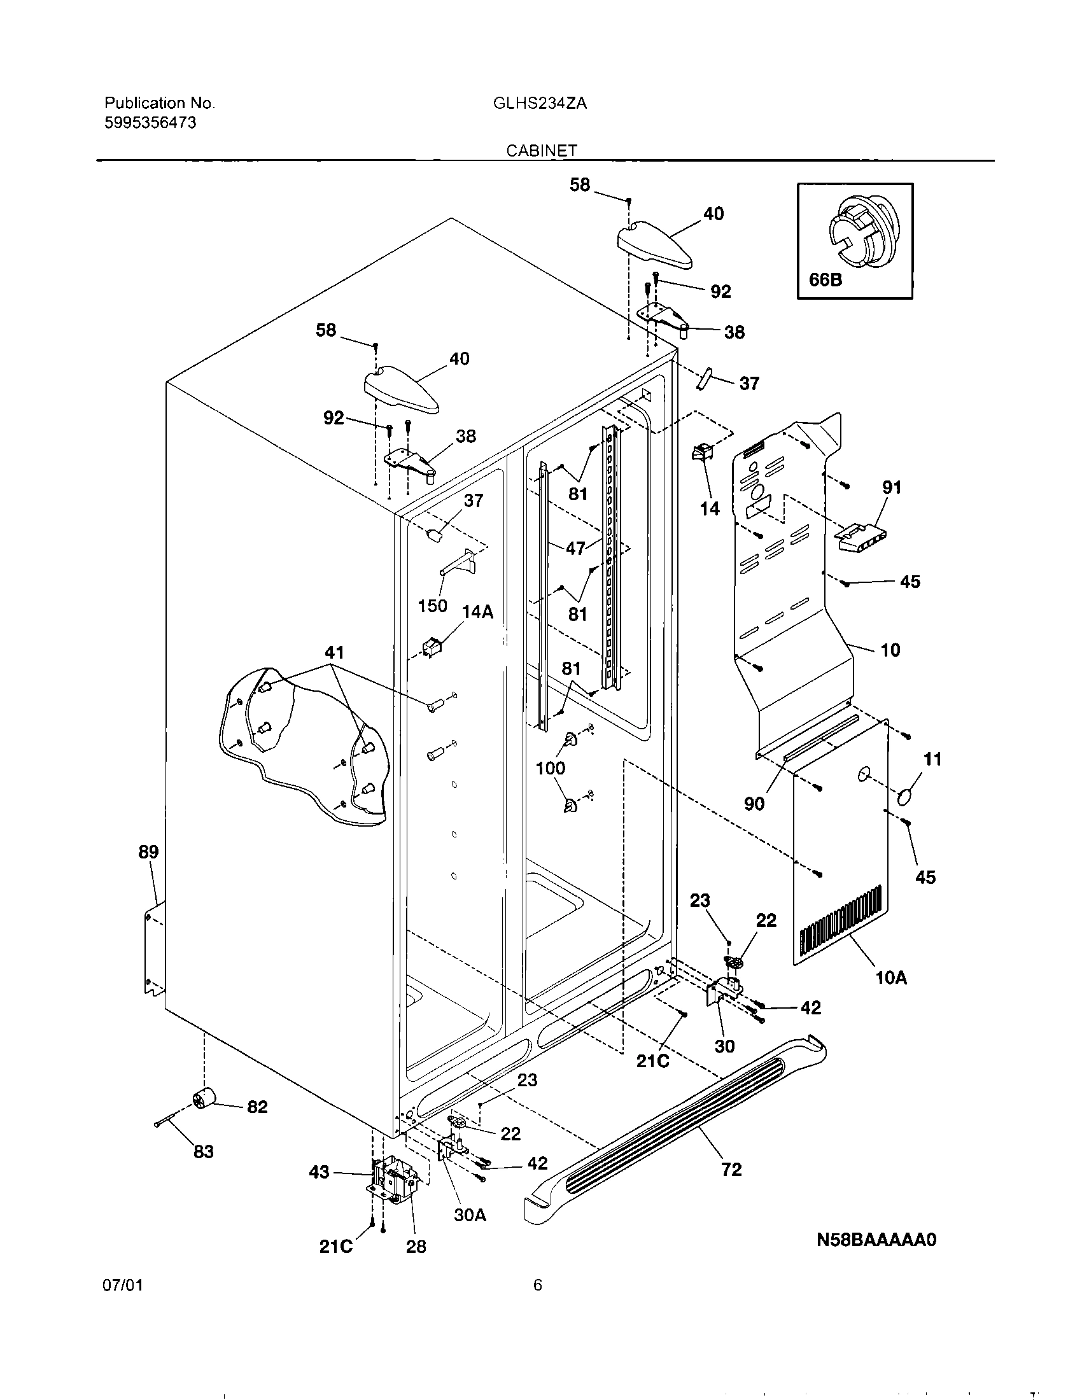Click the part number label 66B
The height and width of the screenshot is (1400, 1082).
(826, 279)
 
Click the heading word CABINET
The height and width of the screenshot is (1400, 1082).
(542, 150)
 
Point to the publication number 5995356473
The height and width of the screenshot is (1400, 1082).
(150, 122)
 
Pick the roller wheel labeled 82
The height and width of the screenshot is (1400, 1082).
(204, 1102)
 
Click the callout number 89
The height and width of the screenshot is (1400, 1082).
(148, 852)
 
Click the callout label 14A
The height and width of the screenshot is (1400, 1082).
(477, 612)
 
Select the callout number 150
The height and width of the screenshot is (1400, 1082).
(432, 605)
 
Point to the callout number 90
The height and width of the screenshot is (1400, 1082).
(754, 803)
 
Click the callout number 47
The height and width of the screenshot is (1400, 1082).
(575, 548)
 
